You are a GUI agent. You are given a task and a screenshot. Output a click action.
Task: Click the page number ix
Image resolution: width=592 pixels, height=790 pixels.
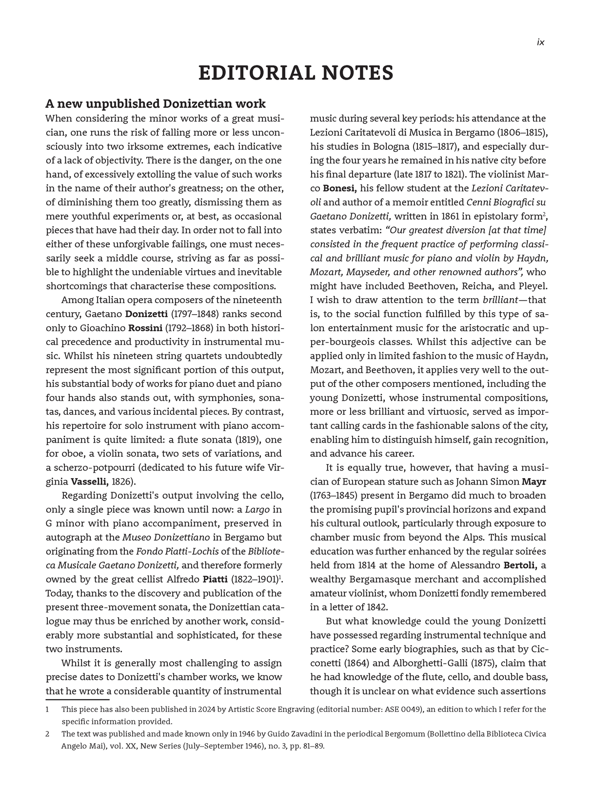pos(540,42)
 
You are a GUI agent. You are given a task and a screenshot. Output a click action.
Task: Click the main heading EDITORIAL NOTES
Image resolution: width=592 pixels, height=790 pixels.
pos(296,73)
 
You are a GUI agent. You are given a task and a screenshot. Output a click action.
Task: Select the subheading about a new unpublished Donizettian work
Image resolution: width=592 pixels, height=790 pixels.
pos(156,104)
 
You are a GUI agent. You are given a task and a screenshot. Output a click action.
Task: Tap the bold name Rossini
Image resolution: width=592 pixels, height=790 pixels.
pos(145,328)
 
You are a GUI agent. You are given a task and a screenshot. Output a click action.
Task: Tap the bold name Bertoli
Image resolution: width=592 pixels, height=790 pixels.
pos(520,566)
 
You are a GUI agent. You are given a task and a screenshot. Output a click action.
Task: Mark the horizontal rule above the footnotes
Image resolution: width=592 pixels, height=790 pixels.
pos(78,700)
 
